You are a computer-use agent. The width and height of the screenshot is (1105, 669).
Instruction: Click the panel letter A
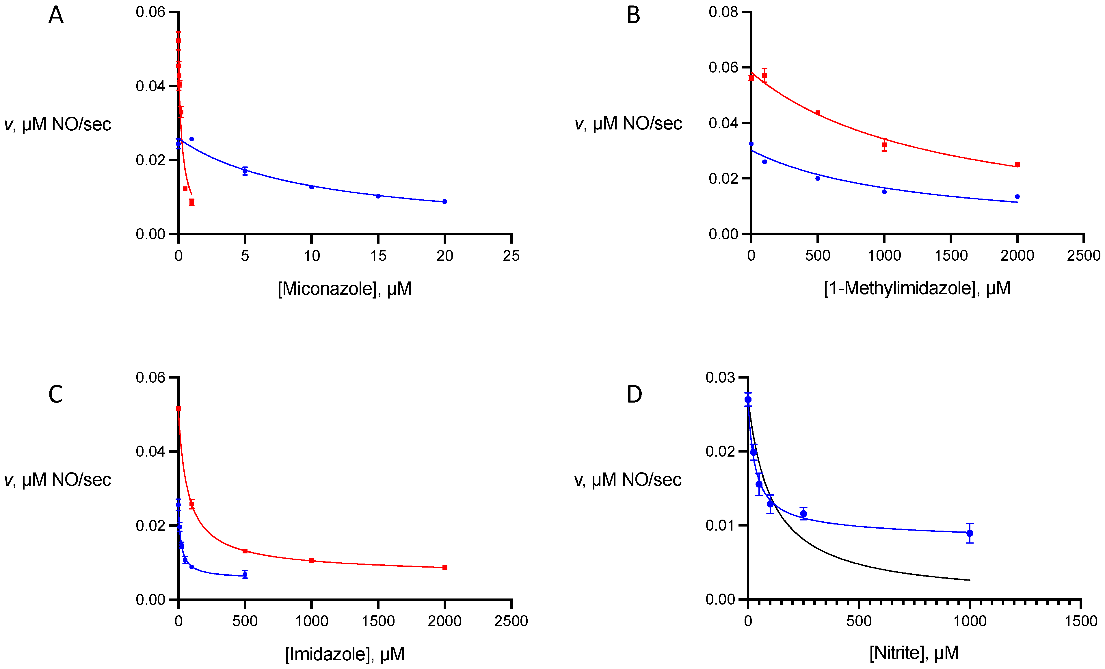56,15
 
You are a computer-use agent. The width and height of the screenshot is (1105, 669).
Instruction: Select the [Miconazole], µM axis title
345,288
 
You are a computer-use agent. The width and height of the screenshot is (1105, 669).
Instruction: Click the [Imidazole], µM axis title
345,654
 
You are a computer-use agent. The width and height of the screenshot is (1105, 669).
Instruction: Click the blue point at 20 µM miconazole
444,201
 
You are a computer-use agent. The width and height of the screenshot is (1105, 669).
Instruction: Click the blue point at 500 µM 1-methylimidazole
818,178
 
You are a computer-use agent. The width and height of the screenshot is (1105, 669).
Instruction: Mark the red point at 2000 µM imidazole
444,568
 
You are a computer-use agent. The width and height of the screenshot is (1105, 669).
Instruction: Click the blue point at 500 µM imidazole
245,574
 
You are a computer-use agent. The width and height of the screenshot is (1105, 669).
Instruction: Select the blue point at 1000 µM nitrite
970,533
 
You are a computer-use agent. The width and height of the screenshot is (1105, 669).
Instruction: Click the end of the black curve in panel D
970,580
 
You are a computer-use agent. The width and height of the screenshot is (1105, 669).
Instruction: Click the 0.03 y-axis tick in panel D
720,378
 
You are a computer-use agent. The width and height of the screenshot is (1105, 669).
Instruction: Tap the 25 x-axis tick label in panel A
511,256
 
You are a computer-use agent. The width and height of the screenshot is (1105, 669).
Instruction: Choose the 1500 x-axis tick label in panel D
1080,621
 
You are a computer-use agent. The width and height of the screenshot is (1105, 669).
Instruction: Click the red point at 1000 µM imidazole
311,560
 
